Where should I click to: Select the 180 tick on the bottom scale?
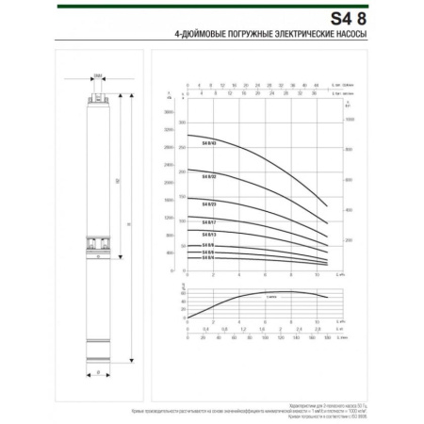coord(326,335)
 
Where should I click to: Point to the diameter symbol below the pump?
coord(98,374)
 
